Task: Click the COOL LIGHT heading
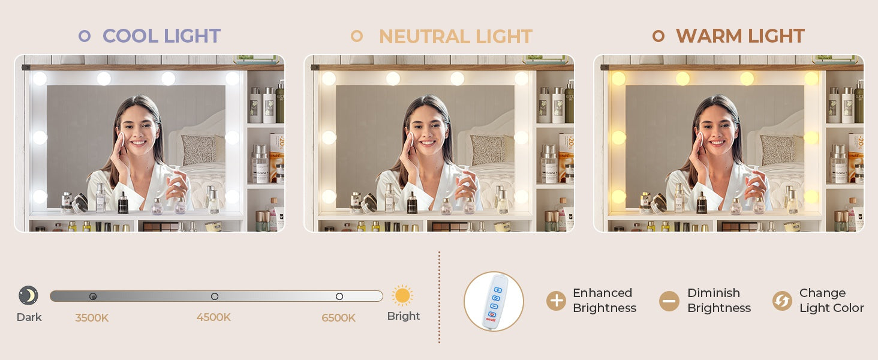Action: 161,36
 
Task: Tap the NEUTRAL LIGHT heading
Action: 455,37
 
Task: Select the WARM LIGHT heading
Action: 740,36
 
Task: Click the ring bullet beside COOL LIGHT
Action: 85,36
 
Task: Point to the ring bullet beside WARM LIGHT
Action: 658,36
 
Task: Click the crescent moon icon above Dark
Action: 28,295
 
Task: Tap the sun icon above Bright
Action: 402,295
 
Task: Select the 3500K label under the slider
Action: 92,317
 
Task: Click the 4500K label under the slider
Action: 214,317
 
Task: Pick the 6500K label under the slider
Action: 338,317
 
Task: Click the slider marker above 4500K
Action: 215,296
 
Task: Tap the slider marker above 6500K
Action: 339,296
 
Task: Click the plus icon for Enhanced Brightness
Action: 556,301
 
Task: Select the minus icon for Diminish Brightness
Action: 669,301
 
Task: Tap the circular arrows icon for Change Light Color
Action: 782,301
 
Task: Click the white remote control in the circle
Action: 494,302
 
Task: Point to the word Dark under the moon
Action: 29,317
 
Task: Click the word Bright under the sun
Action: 404,316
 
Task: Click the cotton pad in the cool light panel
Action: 122,139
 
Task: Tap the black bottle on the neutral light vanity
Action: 411,203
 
